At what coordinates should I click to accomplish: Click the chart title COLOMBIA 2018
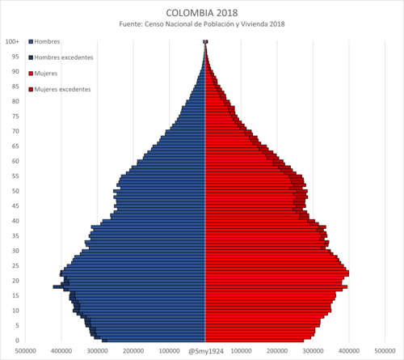(202, 13)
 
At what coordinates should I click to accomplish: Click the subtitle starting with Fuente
(202, 24)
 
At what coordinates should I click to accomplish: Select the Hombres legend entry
(44, 41)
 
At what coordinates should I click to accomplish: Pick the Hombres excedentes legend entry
(61, 57)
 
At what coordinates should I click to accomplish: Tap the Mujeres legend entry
(43, 74)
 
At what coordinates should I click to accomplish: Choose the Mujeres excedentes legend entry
(60, 89)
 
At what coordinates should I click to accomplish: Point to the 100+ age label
(12, 41)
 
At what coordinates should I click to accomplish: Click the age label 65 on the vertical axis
(15, 146)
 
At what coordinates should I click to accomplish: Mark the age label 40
(15, 221)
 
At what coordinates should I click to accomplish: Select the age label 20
(15, 281)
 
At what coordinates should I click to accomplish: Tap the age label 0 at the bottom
(17, 341)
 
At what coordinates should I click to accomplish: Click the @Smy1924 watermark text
(206, 351)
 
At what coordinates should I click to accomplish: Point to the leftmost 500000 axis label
(26, 351)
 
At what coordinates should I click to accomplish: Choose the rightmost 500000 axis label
(385, 351)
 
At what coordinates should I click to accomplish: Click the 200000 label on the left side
(133, 351)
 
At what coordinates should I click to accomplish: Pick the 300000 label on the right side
(313, 351)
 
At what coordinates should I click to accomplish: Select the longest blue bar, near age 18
(129, 286)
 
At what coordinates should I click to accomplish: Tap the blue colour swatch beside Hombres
(31, 42)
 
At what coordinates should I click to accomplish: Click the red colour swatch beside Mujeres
(31, 74)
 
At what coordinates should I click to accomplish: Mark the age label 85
(15, 87)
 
